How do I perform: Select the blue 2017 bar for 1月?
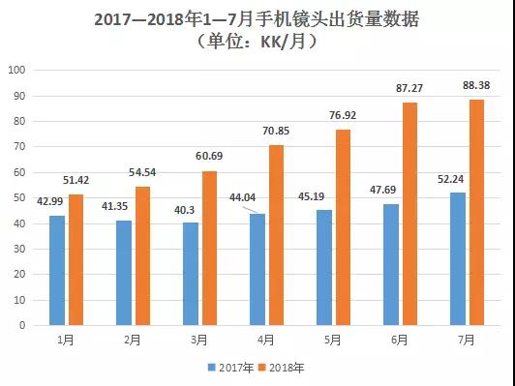57,270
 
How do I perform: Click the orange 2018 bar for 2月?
142,255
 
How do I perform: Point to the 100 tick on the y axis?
16,70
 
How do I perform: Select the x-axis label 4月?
266,341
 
